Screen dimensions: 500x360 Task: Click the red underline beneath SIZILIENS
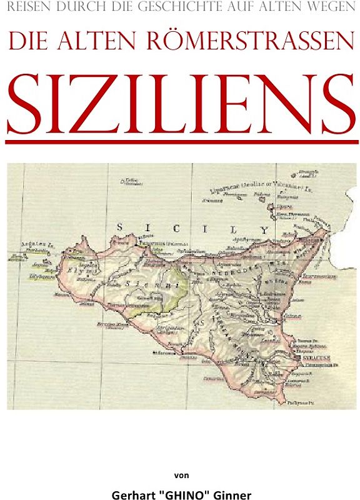coord(179,143)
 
